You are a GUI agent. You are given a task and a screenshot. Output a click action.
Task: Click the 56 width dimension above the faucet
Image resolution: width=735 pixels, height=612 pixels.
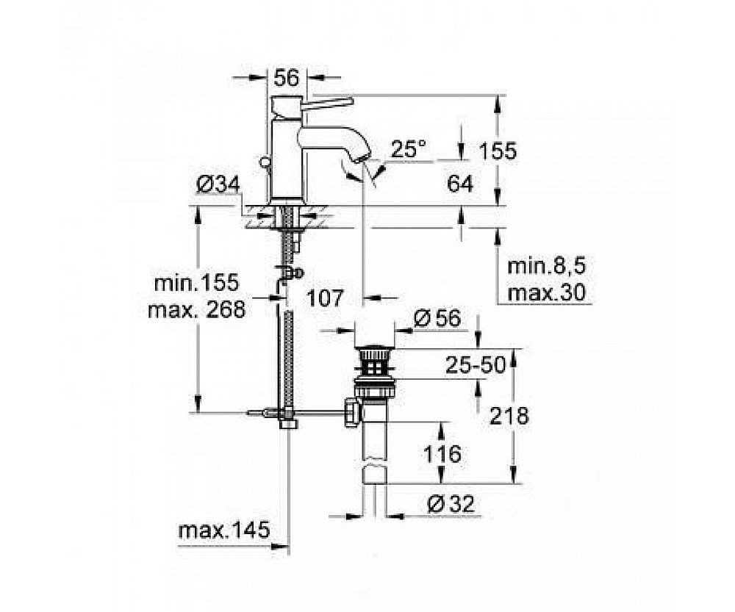tap(287, 77)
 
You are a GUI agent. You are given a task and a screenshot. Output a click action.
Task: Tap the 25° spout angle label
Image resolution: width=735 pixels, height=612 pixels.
tap(408, 149)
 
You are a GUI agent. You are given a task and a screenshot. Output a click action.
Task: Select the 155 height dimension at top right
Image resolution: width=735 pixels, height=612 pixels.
tap(498, 151)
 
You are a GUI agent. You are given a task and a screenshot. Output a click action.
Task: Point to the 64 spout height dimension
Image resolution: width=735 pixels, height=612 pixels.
tap(460, 184)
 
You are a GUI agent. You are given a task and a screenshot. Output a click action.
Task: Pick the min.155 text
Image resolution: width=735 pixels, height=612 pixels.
tap(197, 282)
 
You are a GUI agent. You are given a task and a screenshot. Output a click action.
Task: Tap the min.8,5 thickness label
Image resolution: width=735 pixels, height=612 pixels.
tap(547, 267)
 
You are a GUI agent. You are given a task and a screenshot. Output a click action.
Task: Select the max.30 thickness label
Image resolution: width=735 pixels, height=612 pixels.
tap(547, 293)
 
